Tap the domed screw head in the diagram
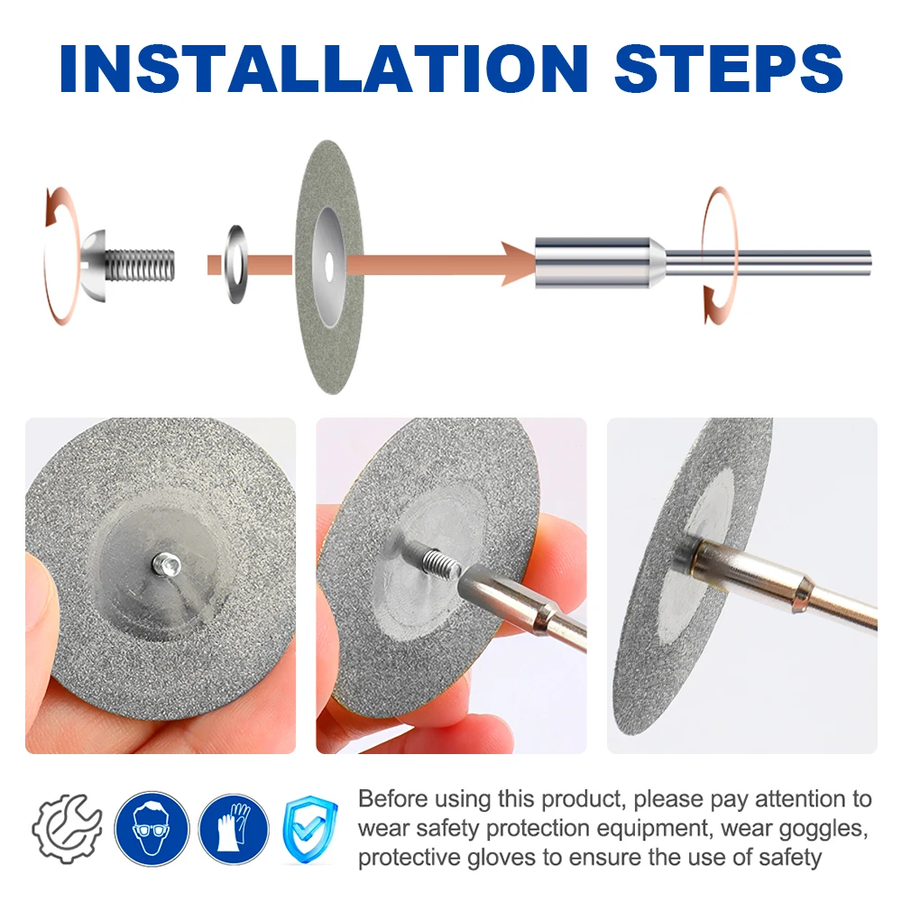tap(93, 264)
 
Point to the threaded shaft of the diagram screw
tap(140, 265)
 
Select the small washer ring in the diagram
tap(235, 264)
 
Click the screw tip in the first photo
tap(166, 565)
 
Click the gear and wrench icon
tap(68, 829)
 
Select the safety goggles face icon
tap(152, 828)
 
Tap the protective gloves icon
tap(234, 829)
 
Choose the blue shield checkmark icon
tap(310, 829)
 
